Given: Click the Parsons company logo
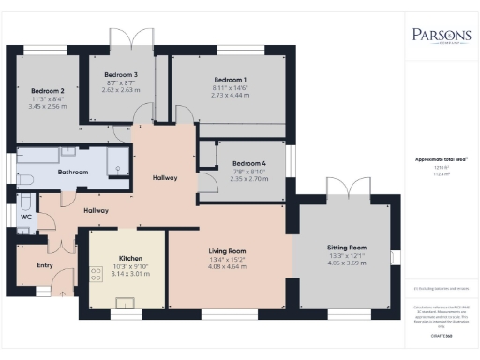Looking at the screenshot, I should (441, 37).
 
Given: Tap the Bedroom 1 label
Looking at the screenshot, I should (230, 80).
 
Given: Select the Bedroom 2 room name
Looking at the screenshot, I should (48, 91).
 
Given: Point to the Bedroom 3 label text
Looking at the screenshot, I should (121, 74).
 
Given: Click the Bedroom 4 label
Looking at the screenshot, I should (249, 163).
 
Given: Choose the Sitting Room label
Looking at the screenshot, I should (346, 247).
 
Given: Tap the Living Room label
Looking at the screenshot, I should (227, 251).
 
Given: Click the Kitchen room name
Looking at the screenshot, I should (129, 257).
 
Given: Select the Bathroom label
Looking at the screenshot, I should (72, 172).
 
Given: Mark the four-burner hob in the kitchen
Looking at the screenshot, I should (95, 273).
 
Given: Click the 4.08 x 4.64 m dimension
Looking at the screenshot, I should (227, 266).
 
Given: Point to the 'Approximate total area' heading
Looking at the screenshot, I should (442, 159).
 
